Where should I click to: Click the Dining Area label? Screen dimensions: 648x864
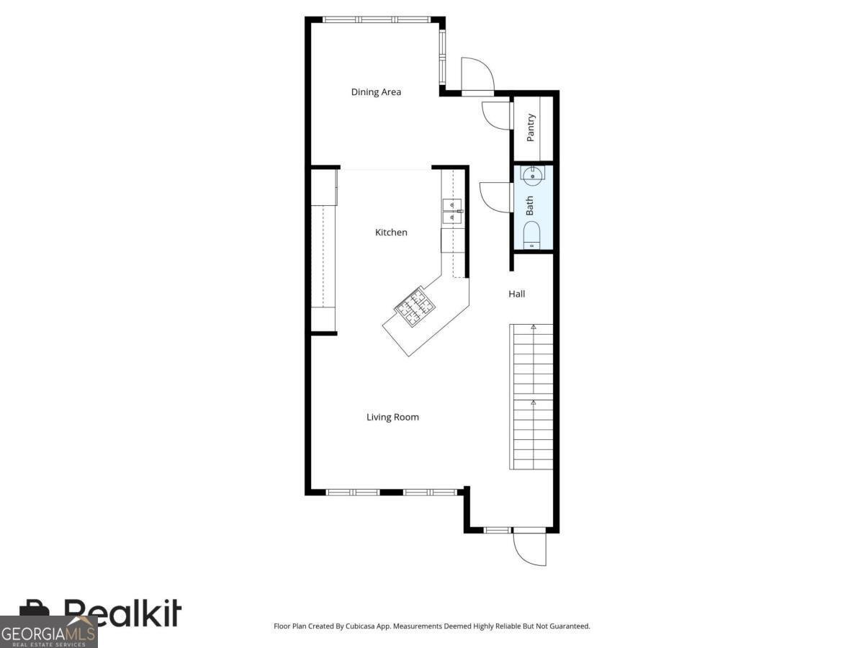(376, 92)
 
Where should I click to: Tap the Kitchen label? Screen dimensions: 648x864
(391, 233)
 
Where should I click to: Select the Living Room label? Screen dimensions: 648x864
(392, 417)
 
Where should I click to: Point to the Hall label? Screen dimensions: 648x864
(517, 294)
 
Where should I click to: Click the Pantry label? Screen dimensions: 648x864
(531, 127)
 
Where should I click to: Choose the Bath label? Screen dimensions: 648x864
(530, 206)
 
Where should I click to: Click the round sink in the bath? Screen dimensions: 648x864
(532, 174)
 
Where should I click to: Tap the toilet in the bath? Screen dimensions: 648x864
(532, 234)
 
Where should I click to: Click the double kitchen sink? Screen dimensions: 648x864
(452, 210)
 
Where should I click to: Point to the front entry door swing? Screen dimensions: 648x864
(529, 549)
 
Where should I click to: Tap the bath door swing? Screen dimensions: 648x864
(495, 197)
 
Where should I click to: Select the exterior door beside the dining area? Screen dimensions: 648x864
(477, 76)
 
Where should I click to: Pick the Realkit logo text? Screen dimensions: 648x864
(122, 613)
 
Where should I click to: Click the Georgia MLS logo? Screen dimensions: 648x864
(48, 632)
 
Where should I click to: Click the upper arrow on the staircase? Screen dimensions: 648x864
(534, 328)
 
